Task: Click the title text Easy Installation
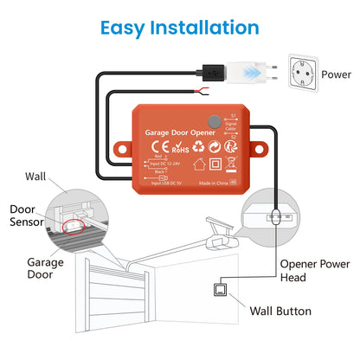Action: [x=180, y=27]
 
